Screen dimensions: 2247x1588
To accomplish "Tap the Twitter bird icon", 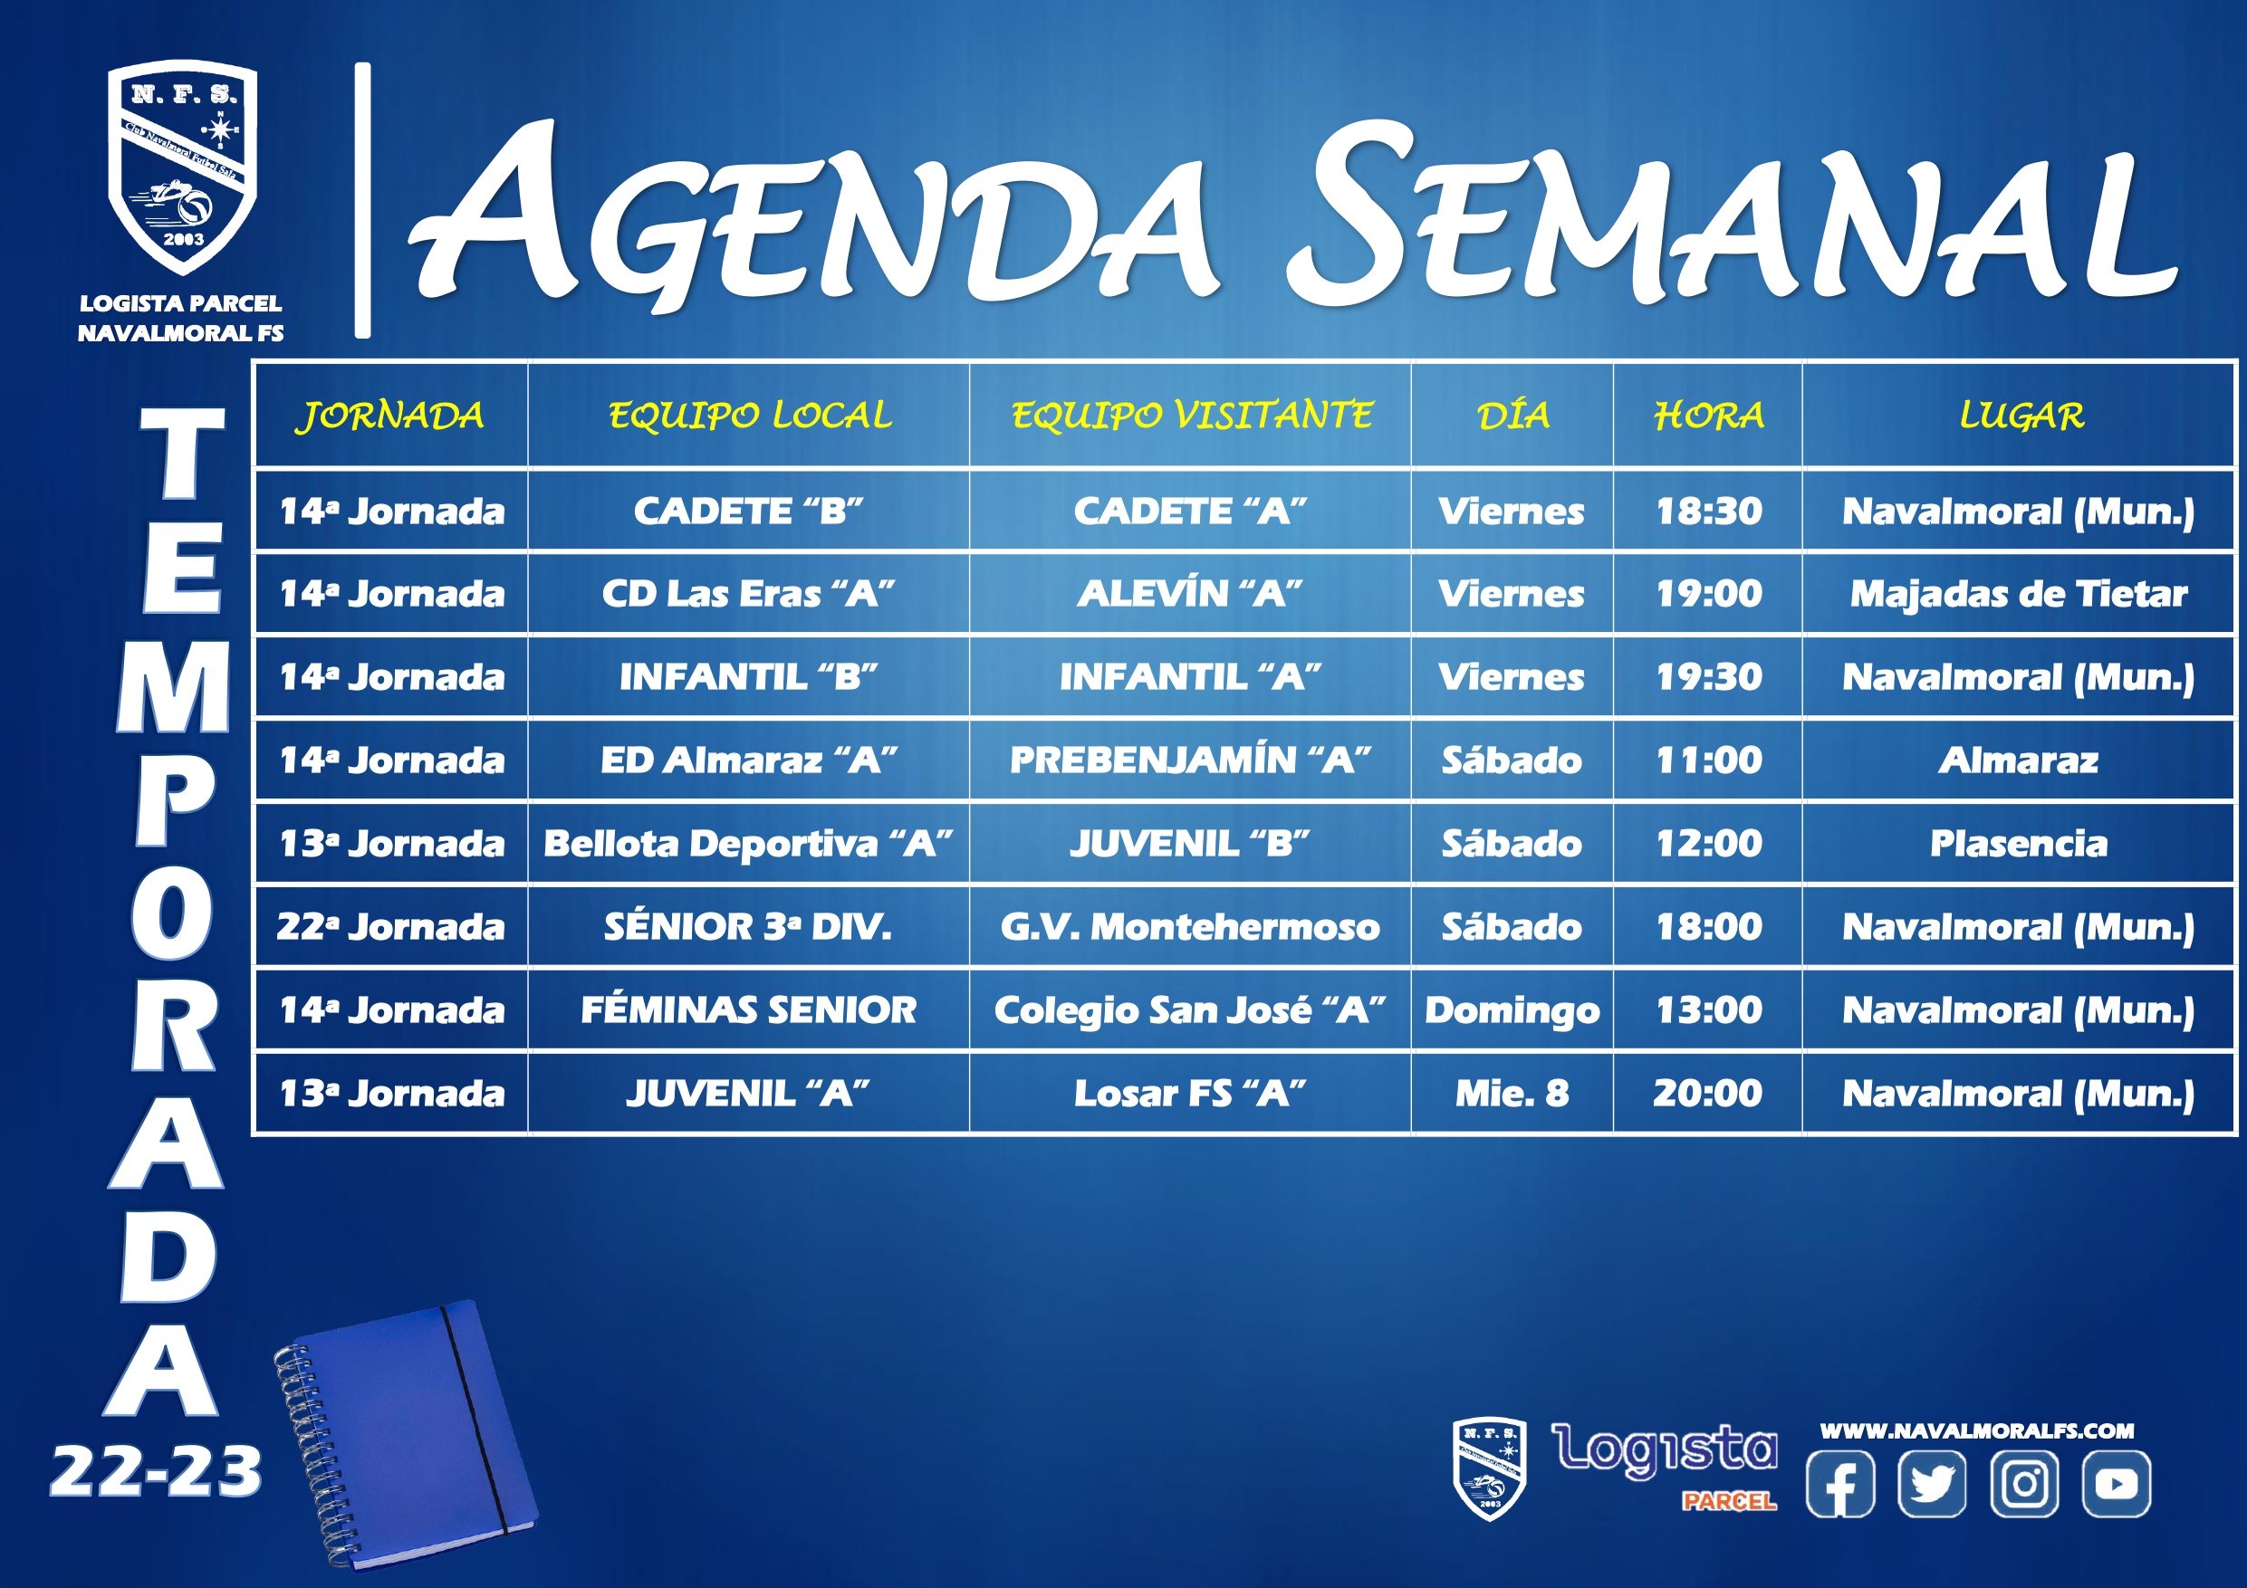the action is coord(1932,1483).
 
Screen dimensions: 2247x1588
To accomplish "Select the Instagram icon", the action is coord(2024,1483).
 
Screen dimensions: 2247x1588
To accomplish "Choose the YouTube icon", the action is coord(2116,1483).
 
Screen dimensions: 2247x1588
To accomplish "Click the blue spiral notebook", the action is coord(405,1433).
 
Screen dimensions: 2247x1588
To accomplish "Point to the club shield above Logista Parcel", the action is coord(182,167).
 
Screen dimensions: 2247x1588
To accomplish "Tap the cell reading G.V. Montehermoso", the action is coord(1189,926).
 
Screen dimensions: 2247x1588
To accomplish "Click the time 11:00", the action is coord(1709,761).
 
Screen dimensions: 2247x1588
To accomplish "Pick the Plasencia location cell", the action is coord(2019,844).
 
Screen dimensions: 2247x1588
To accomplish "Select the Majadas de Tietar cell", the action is coord(2019,594).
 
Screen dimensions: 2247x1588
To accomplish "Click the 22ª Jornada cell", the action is coord(390,926).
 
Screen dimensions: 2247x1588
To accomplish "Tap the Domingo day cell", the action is coord(1512,1010).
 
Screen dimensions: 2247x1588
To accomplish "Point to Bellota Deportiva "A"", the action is coord(748,844).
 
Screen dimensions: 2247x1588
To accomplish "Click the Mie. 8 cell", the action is coord(1512,1093).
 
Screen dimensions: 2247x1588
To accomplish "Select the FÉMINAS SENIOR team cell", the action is coord(748,1009).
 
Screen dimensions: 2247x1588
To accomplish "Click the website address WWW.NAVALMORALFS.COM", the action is coord(1977,1430).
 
